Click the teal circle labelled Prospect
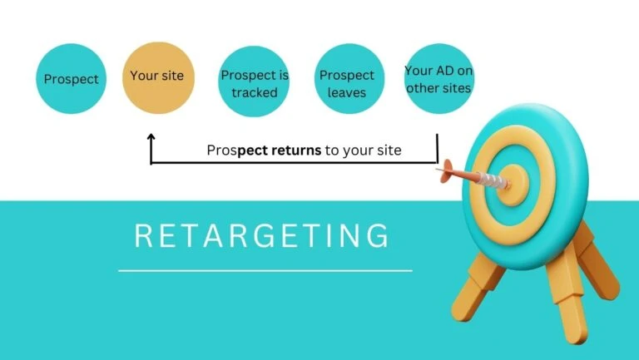(x=71, y=79)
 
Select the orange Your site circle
(x=159, y=78)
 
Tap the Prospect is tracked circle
(x=254, y=81)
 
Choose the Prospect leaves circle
(x=349, y=79)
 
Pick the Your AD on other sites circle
(x=439, y=79)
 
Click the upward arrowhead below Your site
(x=151, y=137)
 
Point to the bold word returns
(x=296, y=150)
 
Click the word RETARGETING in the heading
(x=261, y=235)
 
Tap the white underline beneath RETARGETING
(x=265, y=270)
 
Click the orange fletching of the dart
(x=447, y=171)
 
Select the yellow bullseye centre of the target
(x=513, y=185)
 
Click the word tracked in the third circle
(x=255, y=92)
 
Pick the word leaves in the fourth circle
(x=346, y=92)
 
